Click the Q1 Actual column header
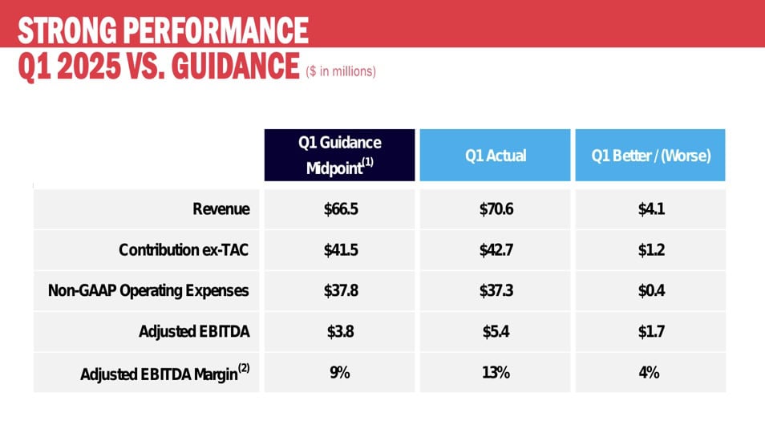coord(496,156)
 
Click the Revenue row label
coord(221,209)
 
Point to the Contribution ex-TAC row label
coord(184,250)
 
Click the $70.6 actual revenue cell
coord(496,209)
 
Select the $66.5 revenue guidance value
coord(340,209)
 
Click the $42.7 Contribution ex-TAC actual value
coord(496,250)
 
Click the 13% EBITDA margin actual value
coord(496,373)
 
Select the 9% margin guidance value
coord(340,373)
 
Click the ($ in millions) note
coord(341,71)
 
